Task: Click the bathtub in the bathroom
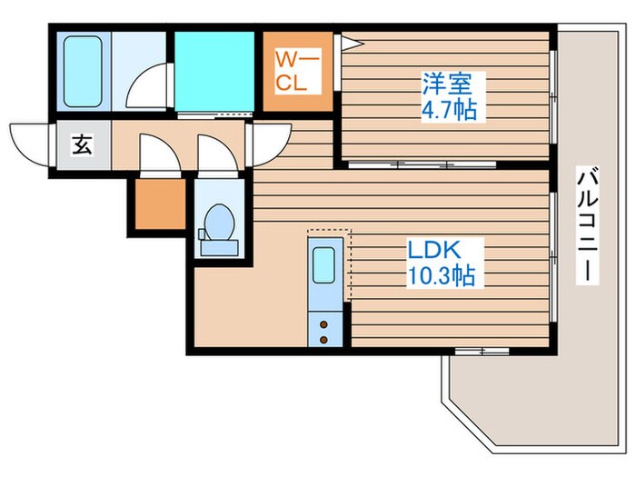(x=83, y=72)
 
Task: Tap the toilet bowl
(x=220, y=223)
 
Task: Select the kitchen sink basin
(x=324, y=265)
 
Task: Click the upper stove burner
(x=323, y=324)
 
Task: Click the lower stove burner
(x=323, y=340)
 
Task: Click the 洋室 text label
(x=448, y=84)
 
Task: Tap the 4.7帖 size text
(x=449, y=110)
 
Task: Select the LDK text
(x=434, y=250)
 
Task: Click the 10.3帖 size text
(x=442, y=276)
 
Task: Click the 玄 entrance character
(x=83, y=144)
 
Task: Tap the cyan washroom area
(x=214, y=72)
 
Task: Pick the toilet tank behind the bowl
(x=219, y=248)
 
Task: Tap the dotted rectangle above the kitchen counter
(x=329, y=234)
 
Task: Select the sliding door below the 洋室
(x=422, y=164)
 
